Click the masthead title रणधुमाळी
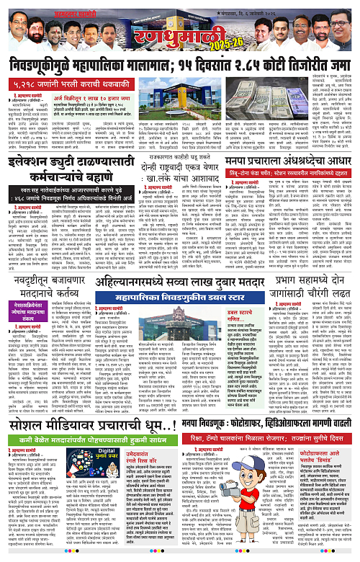click(180, 28)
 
